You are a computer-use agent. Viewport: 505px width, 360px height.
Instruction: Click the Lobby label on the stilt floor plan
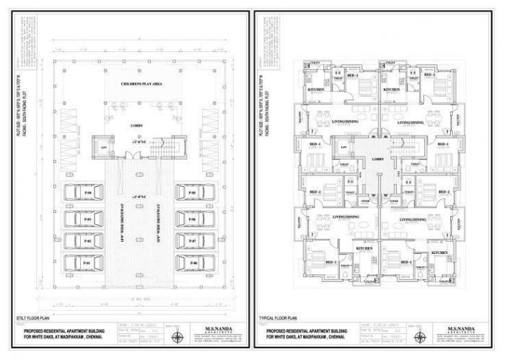136,125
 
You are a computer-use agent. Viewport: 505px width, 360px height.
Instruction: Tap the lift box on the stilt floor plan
102,147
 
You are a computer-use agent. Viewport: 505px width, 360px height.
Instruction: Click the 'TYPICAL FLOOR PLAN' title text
277,317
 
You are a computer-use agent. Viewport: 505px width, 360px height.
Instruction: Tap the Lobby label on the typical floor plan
377,158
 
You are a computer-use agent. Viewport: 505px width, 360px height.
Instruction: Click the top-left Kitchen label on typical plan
316,89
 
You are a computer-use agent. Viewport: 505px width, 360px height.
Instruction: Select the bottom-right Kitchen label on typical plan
441,253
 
